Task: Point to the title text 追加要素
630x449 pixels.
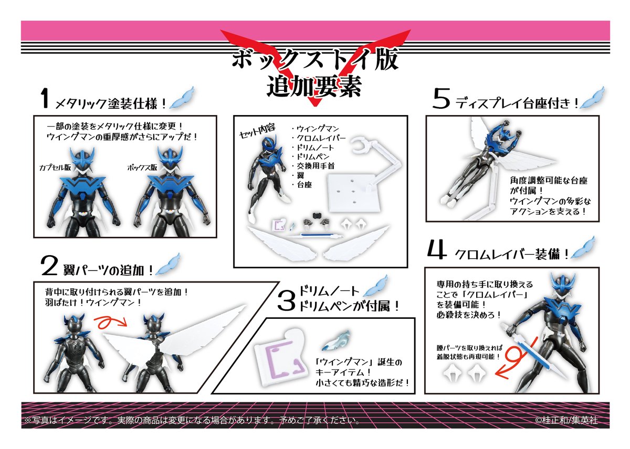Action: tap(314, 86)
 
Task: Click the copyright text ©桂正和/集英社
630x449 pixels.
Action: tap(565, 421)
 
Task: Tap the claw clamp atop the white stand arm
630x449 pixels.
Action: tap(362, 144)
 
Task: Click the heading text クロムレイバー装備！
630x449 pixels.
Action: tap(512, 255)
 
